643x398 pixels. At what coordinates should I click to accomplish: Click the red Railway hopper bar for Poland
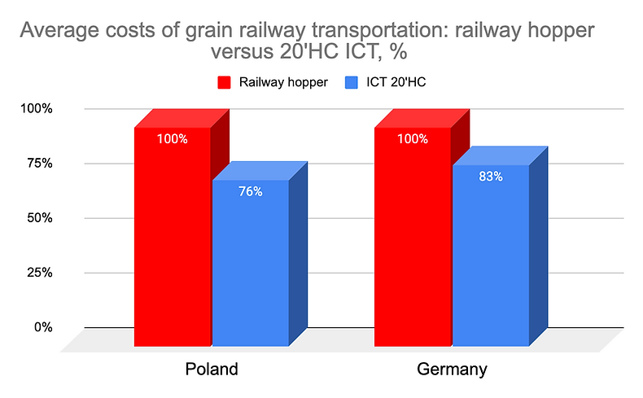[x=173, y=244]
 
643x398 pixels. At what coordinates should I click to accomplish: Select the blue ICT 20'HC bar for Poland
[x=251, y=269]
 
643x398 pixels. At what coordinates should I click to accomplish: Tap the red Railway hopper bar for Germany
[x=413, y=244]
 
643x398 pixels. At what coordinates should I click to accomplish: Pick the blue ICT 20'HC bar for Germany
[x=491, y=260]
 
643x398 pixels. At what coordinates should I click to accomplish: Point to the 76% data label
[x=251, y=192]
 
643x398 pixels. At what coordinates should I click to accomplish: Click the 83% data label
[x=491, y=176]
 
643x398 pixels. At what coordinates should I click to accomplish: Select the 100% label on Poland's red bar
[x=173, y=139]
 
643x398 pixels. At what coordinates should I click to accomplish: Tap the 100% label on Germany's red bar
[x=413, y=139]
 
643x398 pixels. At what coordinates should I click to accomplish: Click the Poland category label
[x=211, y=370]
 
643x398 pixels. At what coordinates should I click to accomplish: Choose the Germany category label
[x=452, y=370]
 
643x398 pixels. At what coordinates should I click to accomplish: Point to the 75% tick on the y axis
[x=37, y=164]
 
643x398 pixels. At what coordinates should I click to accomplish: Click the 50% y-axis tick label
[x=37, y=218]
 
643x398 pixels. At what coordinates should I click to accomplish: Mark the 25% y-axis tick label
[x=37, y=273]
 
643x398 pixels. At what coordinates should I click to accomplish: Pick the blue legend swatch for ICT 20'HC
[x=350, y=82]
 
